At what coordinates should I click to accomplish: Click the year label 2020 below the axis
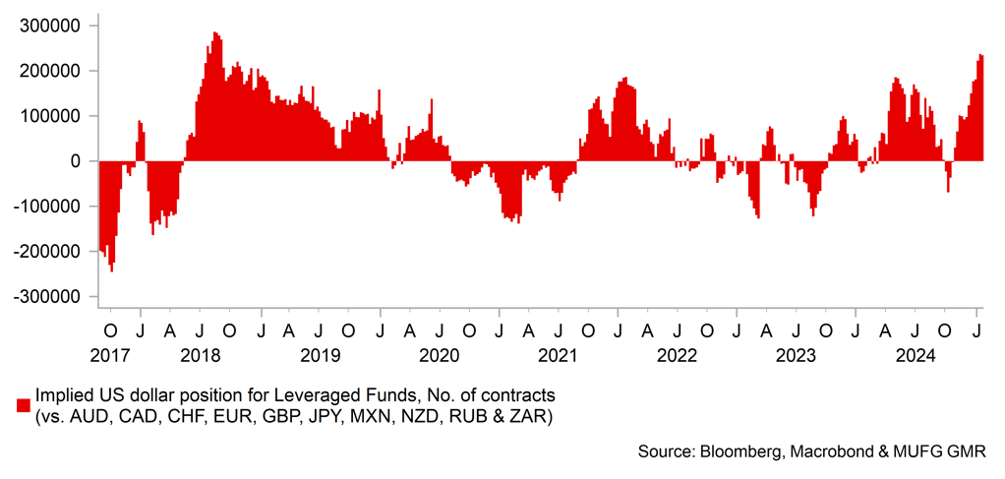click(x=440, y=355)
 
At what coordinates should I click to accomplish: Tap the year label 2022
click(x=677, y=355)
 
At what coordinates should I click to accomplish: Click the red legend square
click(x=23, y=405)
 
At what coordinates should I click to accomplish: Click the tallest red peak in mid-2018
click(x=214, y=34)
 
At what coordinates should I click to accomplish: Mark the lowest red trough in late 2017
click(x=111, y=269)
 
